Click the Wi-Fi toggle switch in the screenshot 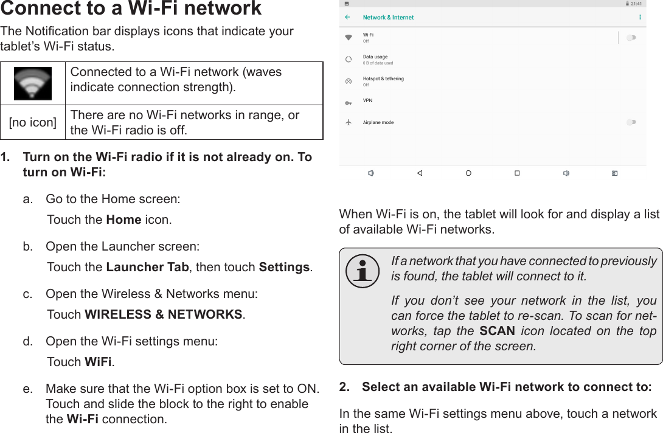631,38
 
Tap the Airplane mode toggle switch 631,122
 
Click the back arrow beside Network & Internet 347,17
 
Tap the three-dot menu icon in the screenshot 640,17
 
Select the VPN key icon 349,103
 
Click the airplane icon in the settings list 349,122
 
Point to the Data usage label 375,57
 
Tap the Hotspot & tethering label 383,78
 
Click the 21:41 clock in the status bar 636,4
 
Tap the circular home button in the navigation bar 468,173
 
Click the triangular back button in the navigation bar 420,173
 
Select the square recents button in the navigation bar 517,173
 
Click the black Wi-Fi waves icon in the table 33,83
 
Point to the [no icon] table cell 33,122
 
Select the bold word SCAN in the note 497,331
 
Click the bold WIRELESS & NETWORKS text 164,314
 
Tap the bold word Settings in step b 285,267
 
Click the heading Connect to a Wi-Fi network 131,9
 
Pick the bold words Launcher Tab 148,267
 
